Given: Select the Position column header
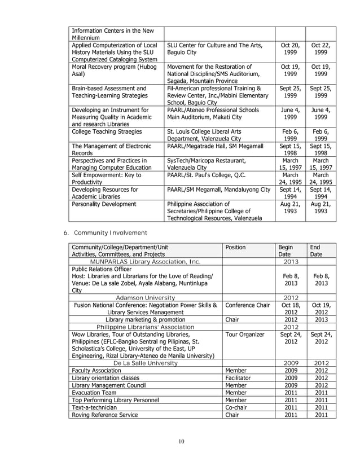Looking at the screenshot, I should pyautogui.click(x=235, y=248).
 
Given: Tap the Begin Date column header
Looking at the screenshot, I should pyautogui.click(x=286, y=250).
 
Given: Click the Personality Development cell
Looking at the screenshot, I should pyautogui.click(x=98, y=204).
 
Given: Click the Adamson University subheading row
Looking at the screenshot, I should pyautogui.click(x=145, y=298).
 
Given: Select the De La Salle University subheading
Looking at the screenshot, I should pyautogui.click(x=146, y=363).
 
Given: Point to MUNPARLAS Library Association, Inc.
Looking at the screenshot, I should pyautogui.click(x=145, y=261).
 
